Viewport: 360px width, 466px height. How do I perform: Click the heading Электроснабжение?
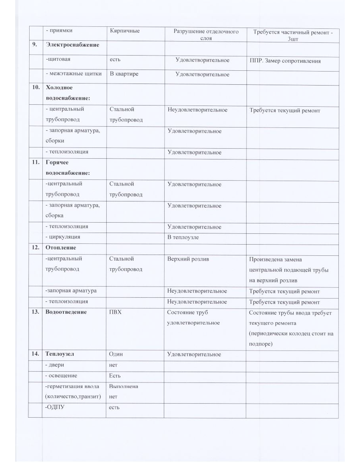72,45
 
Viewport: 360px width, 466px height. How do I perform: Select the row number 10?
35,87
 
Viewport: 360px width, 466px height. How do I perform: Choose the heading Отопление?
61,248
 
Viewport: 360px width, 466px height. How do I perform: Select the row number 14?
35,354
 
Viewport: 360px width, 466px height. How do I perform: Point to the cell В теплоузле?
183,237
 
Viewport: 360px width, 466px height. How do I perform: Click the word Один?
116,354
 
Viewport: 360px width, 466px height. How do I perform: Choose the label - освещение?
62,376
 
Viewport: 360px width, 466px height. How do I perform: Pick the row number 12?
35,248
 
